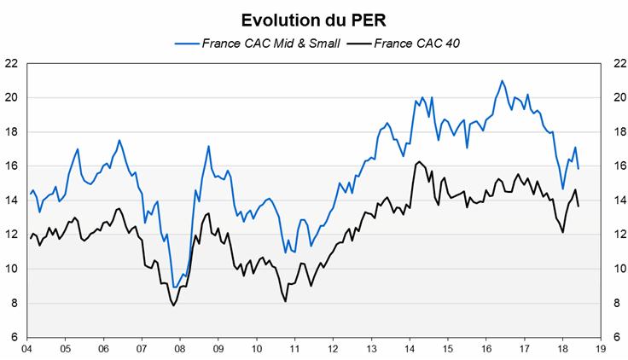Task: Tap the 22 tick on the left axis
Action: pyautogui.click(x=12, y=63)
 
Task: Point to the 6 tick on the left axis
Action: pyautogui.click(x=15, y=337)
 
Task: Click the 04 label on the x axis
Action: pyautogui.click(x=26, y=349)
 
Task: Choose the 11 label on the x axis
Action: pyautogui.click(x=294, y=349)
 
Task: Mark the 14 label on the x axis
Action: pyautogui.click(x=409, y=349)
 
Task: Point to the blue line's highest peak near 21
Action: pyautogui.click(x=502, y=81)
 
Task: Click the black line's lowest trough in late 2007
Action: pyautogui.click(x=173, y=305)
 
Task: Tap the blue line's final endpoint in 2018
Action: pyautogui.click(x=579, y=168)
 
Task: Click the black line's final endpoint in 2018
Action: pyautogui.click(x=579, y=206)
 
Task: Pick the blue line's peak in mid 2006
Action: pyautogui.click(x=119, y=140)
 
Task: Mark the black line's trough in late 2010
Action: pyautogui.click(x=285, y=301)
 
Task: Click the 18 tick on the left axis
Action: pyautogui.click(x=12, y=131)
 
